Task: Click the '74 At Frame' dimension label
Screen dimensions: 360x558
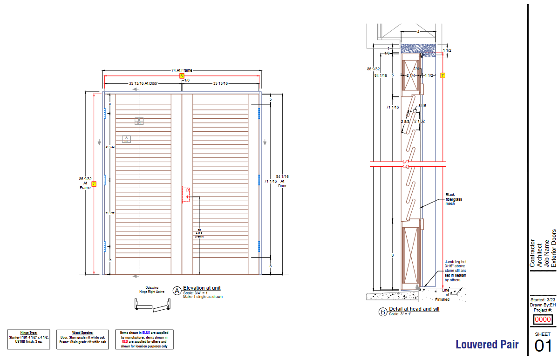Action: tap(182, 70)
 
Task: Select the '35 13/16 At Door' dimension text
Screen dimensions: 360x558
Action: tap(143, 83)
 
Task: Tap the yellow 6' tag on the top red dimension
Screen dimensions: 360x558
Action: tap(182, 75)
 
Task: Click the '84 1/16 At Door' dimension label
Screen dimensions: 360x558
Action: tap(283, 181)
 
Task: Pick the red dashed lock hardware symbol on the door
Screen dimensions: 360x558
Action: tap(186, 194)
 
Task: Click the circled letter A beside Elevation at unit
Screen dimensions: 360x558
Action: tap(177, 291)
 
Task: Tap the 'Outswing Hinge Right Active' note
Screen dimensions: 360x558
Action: tap(152, 289)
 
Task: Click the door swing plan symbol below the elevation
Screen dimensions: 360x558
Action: tap(152, 306)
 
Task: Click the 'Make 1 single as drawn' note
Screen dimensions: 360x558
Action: tap(203, 297)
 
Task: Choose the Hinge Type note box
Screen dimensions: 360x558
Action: tap(28, 339)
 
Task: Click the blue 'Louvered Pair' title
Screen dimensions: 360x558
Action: tap(487, 345)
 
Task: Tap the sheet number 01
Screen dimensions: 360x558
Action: tap(543, 346)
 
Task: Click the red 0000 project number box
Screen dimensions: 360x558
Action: tap(543, 319)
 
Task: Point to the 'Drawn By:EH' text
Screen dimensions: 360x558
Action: tap(543, 305)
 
